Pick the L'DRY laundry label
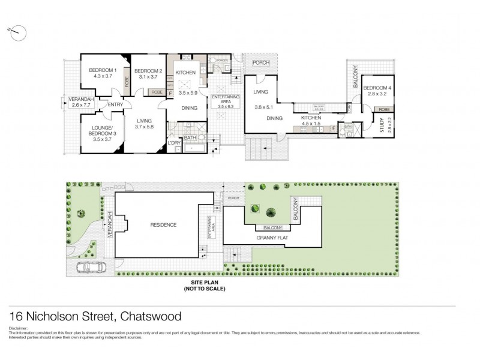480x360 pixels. (x=175, y=142)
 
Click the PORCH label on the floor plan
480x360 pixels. (x=261, y=63)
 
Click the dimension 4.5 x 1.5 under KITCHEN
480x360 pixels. (x=311, y=125)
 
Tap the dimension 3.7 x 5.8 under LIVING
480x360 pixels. (x=145, y=127)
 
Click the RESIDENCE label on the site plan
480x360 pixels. (x=163, y=225)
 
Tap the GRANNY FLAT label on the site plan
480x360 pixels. (x=270, y=238)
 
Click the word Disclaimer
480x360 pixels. (x=19, y=329)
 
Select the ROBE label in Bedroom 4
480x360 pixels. (x=383, y=110)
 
